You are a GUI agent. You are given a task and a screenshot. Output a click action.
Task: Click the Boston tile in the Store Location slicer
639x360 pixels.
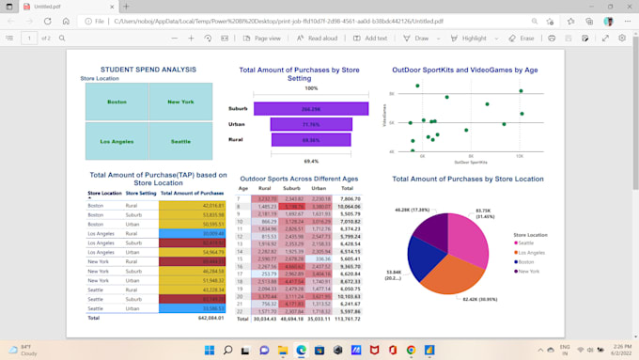click(117, 102)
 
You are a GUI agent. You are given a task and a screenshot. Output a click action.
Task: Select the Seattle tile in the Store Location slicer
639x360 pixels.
click(180, 141)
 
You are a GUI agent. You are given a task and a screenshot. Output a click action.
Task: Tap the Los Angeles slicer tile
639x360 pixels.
click(117, 141)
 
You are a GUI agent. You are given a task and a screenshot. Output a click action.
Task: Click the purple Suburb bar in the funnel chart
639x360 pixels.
click(310, 109)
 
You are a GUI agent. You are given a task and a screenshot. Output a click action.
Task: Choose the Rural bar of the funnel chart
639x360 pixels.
click(310, 139)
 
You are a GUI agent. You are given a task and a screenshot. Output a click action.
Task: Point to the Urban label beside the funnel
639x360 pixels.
click(238, 124)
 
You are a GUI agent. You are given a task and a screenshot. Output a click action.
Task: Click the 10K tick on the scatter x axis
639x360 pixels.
click(520, 156)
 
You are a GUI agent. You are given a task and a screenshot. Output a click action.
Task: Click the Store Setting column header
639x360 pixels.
click(141, 193)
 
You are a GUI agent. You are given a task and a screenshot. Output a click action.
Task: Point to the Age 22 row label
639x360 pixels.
click(242, 310)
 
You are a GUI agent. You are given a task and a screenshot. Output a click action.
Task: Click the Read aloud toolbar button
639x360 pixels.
click(318, 39)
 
